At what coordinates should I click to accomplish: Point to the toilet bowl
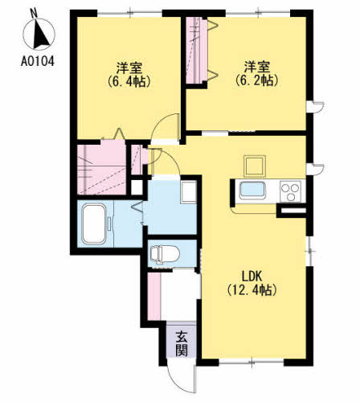[163, 254]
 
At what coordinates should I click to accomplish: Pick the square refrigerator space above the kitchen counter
[253, 166]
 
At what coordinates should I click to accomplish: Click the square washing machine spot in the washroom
[188, 193]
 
